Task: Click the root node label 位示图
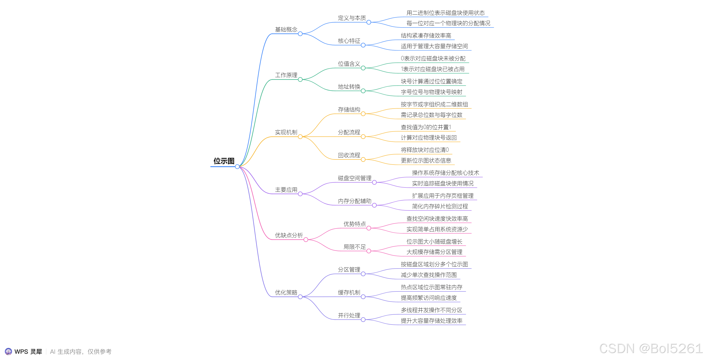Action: pos(224,161)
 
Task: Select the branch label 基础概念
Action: pos(286,29)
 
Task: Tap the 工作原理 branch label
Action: pos(286,75)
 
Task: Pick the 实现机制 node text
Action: pos(286,132)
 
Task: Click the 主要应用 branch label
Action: pos(286,190)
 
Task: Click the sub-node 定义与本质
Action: pos(352,18)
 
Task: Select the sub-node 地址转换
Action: pos(349,87)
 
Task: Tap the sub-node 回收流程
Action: pos(349,155)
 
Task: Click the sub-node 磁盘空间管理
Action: pos(354,178)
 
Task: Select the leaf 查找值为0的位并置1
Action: pos(426,127)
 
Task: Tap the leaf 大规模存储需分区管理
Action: pos(434,252)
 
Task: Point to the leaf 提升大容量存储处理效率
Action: pos(432,321)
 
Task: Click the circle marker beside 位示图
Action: pos(237,166)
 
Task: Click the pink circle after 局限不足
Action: pos(369,251)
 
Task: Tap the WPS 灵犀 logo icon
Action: pos(8,352)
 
